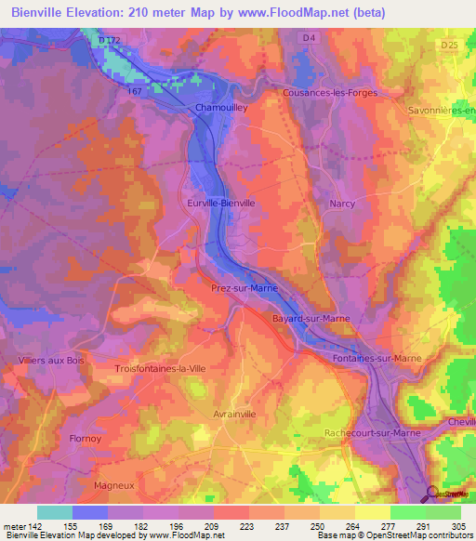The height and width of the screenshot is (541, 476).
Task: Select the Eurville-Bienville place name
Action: (220, 202)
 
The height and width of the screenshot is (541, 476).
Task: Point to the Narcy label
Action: (342, 203)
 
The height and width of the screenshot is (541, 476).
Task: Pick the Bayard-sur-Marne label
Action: (311, 318)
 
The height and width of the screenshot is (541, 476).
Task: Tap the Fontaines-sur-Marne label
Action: (377, 358)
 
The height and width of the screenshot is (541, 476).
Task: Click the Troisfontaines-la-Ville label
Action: (160, 369)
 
